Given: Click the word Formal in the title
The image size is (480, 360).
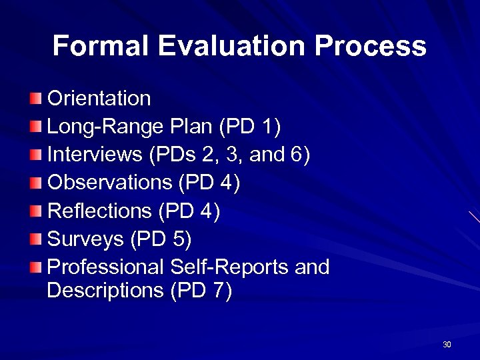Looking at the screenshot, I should tap(102, 46).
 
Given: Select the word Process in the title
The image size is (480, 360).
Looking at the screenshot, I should tap(371, 46).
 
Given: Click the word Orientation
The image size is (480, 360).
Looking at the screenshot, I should tap(99, 99).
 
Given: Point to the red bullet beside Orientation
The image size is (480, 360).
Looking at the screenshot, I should tap(35, 99).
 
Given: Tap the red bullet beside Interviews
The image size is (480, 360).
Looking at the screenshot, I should tap(35, 155).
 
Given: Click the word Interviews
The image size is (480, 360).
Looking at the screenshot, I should tap(95, 155).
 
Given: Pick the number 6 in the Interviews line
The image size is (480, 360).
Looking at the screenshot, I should tap(295, 155).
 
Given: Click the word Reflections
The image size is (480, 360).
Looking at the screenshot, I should tap(100, 211).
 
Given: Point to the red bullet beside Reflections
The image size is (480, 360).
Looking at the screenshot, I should tap(35, 211).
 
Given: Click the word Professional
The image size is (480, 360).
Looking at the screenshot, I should tap(105, 267).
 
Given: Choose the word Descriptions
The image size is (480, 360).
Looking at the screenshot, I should tap(106, 291).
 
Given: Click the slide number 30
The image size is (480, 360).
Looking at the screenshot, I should tap(447, 345).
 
